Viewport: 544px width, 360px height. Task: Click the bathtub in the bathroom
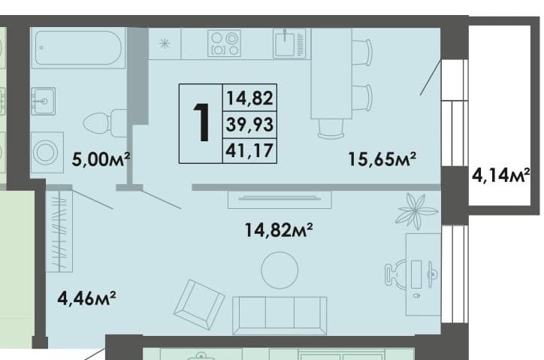78,48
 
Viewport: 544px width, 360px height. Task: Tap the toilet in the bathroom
105,123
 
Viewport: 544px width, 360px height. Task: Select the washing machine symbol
47,153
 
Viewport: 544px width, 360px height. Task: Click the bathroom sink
43,101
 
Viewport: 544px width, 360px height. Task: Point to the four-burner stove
224,44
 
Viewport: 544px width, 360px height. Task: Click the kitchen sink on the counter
289,43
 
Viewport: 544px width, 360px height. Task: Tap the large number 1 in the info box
201,123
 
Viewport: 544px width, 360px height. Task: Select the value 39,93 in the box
249,124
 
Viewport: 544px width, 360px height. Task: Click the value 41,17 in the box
249,150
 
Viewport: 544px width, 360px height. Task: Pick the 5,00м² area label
101,159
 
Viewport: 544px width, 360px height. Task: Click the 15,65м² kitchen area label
382,159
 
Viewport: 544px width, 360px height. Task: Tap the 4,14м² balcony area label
500,175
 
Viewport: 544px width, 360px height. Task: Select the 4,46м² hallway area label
86,298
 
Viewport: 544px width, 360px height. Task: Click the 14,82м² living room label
279,230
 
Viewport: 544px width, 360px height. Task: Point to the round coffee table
280,271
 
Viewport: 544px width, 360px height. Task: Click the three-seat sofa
280,316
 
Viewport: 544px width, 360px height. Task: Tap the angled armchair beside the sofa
199,304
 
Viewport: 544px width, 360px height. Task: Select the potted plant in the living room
417,210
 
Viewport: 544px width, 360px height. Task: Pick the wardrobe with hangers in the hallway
59,231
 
